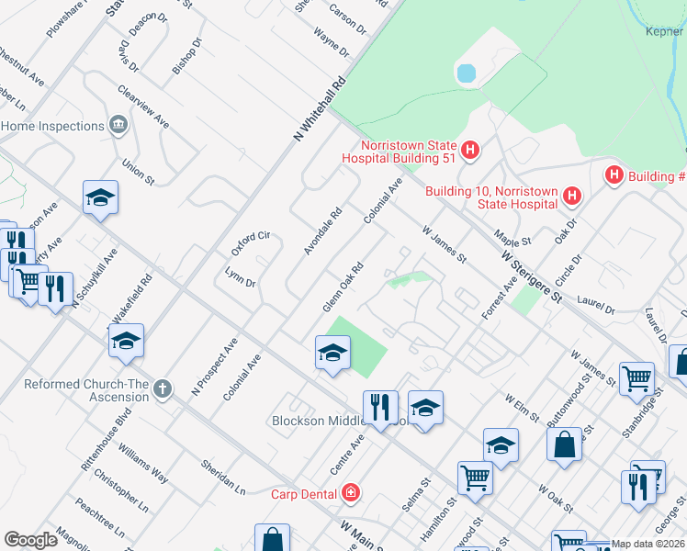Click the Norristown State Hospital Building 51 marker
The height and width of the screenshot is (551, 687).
[x=470, y=150]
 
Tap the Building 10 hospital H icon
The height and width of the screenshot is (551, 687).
[x=572, y=196]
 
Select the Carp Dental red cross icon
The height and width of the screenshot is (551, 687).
[x=350, y=494]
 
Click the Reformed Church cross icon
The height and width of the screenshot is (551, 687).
[x=163, y=389]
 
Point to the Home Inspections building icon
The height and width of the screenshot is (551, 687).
[x=118, y=125]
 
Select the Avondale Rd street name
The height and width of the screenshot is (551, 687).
[x=322, y=230]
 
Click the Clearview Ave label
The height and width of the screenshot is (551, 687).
[x=143, y=107]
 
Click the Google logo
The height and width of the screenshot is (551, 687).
[x=31, y=539]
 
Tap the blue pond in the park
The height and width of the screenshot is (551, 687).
[x=466, y=72]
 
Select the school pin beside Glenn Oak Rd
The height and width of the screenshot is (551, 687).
[x=332, y=353]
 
